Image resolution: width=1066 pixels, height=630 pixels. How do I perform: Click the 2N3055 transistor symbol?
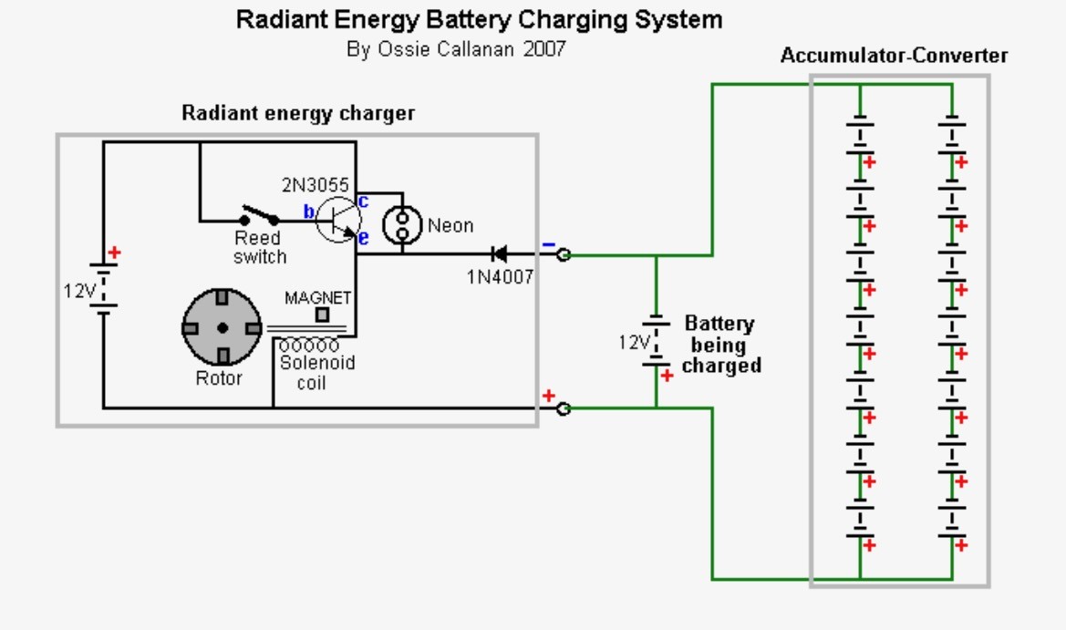(x=338, y=220)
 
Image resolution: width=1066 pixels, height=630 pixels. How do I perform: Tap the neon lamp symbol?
(x=402, y=225)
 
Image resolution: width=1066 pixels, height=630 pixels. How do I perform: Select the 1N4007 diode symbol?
(x=499, y=254)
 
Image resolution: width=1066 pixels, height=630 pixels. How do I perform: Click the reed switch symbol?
(x=259, y=215)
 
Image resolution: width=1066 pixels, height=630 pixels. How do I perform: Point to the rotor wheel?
(x=222, y=327)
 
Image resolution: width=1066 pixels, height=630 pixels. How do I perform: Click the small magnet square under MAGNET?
(x=322, y=315)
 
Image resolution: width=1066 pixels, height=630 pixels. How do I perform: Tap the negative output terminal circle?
(x=563, y=255)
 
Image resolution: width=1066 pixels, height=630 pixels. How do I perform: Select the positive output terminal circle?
(x=563, y=408)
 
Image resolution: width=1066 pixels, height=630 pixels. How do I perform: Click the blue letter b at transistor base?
(x=308, y=212)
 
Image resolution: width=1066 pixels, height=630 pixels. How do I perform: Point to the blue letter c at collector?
(x=363, y=201)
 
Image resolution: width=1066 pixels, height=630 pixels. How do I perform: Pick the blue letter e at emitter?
(x=363, y=238)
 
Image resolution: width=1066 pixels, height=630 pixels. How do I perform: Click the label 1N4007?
(x=500, y=277)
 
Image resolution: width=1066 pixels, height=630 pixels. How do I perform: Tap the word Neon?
(x=450, y=225)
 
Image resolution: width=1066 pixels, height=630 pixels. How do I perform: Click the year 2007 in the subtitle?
(x=544, y=49)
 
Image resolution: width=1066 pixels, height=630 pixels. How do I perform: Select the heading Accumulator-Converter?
(x=894, y=56)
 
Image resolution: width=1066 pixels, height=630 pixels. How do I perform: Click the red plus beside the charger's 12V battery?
(x=114, y=253)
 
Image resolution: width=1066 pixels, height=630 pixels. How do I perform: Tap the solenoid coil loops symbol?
(x=308, y=346)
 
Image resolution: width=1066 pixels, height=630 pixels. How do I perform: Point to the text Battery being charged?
(x=720, y=344)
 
